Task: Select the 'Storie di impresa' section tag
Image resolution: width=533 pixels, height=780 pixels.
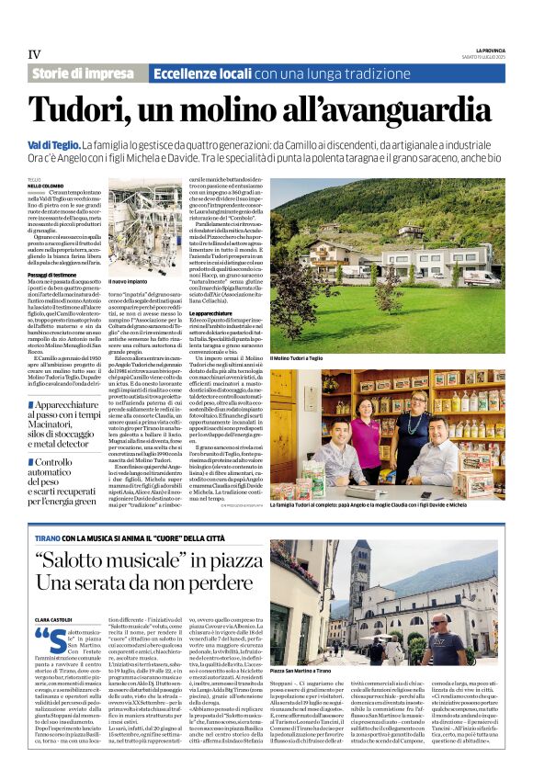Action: (x=83, y=73)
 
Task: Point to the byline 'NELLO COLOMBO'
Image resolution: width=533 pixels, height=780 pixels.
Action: (x=45, y=185)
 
